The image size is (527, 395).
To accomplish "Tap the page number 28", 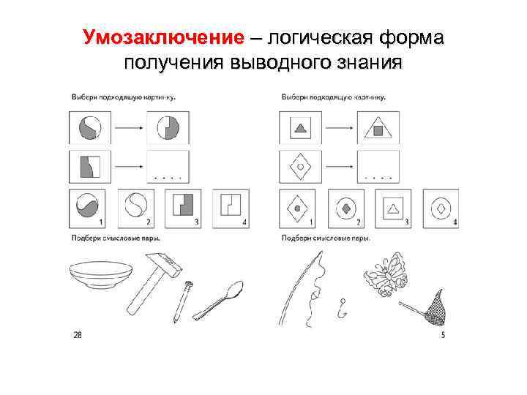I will (77, 335).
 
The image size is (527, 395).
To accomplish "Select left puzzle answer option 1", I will (85, 207).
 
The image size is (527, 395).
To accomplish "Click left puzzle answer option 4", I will (230, 207).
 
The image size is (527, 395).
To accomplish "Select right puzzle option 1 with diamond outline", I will (297, 208).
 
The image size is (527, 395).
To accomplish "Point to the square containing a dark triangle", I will (299, 129).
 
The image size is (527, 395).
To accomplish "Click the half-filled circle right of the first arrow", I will (168, 129).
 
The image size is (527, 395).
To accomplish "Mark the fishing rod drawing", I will (300, 289).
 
